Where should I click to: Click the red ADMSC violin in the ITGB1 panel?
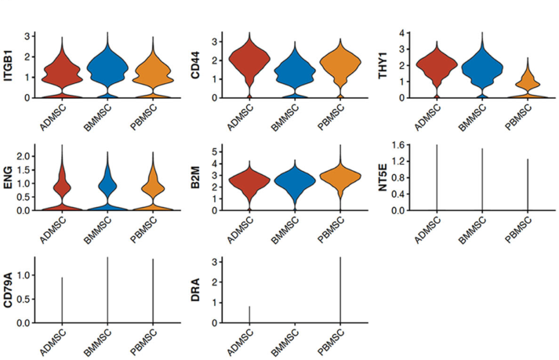[61, 75]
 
